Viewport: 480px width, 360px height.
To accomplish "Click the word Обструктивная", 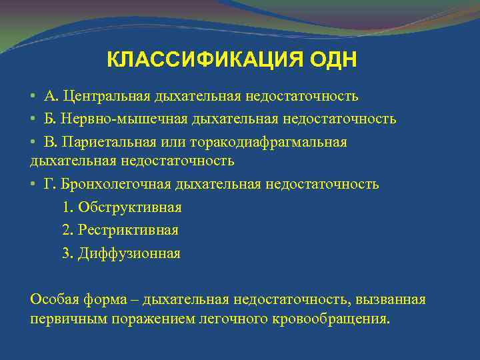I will click(130, 207).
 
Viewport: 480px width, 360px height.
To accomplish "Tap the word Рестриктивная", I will click(128, 231).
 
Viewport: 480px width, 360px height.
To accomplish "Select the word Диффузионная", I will click(129, 254).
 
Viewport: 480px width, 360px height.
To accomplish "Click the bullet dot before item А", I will click(33, 97).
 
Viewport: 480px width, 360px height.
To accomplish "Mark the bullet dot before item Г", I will click(33, 184).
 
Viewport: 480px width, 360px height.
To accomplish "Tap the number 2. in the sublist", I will click(67, 231).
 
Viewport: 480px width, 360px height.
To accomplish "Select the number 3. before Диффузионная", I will click(67, 254).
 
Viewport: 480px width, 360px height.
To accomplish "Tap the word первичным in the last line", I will click(63, 319).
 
